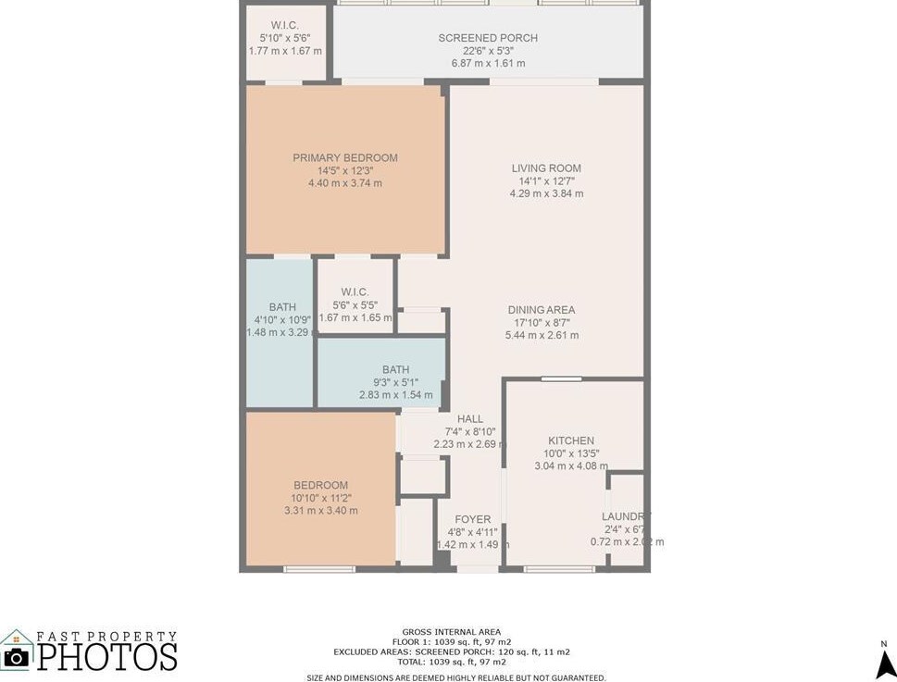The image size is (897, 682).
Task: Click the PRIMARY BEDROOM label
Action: click(344, 158)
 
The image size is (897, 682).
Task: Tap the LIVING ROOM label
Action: click(546, 168)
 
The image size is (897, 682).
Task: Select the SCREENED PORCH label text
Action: click(488, 38)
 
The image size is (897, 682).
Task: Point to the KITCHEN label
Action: click(571, 440)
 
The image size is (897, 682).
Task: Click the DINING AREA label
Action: click(542, 310)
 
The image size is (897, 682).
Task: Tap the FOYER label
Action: click(473, 519)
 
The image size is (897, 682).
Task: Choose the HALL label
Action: click(470, 419)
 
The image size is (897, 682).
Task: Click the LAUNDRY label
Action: click(626, 516)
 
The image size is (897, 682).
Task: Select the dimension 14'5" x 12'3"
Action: click(344, 171)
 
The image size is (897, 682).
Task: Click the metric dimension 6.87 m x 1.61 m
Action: click(488, 63)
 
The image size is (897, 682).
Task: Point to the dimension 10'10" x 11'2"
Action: click(320, 498)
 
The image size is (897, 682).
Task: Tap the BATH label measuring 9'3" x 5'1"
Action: click(395, 369)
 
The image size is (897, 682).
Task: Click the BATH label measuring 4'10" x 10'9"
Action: click(282, 307)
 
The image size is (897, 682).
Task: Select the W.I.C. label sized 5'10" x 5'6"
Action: click(284, 25)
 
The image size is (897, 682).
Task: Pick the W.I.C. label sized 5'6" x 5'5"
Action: click(355, 291)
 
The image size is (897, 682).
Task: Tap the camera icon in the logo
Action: click(16, 656)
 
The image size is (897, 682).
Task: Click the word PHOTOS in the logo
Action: click(106, 656)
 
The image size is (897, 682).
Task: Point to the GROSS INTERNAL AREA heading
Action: click(451, 632)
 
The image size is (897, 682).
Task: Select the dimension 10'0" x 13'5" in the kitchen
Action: click(571, 453)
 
